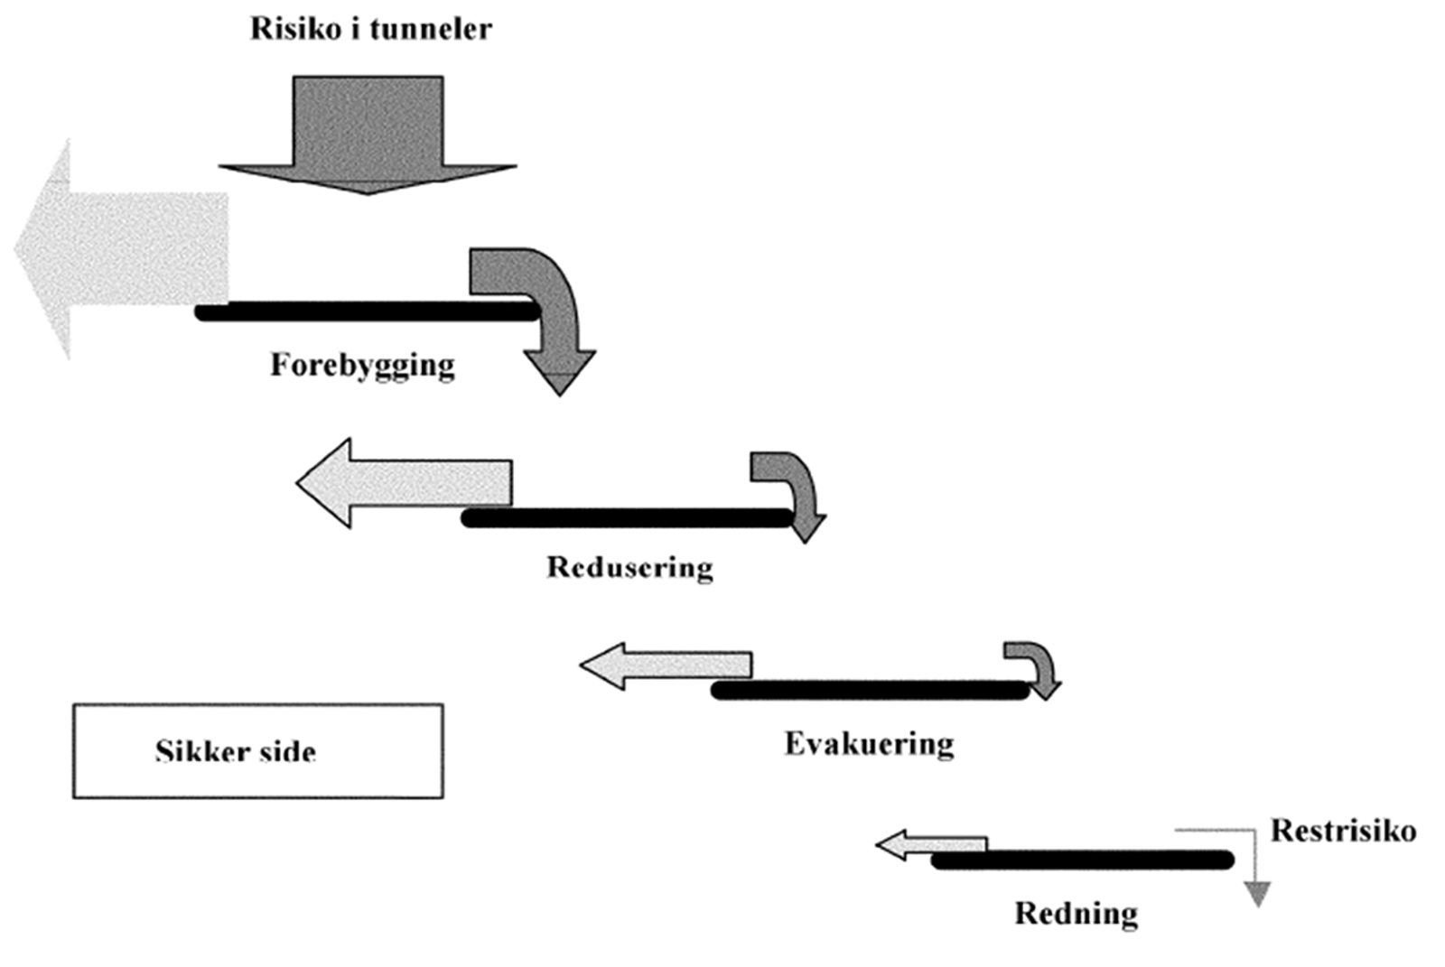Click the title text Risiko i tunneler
coord(370,28)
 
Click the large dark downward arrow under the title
coord(368,131)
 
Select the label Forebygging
coord(362,365)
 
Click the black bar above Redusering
coord(628,518)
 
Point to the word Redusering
coord(629,567)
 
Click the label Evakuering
coord(869,743)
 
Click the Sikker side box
coord(257,751)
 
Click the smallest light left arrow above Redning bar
coord(930,845)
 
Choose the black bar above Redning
coord(1082,860)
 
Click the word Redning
coord(1076,913)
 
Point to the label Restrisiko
coord(1343,831)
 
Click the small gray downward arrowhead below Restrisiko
coord(1256,894)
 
